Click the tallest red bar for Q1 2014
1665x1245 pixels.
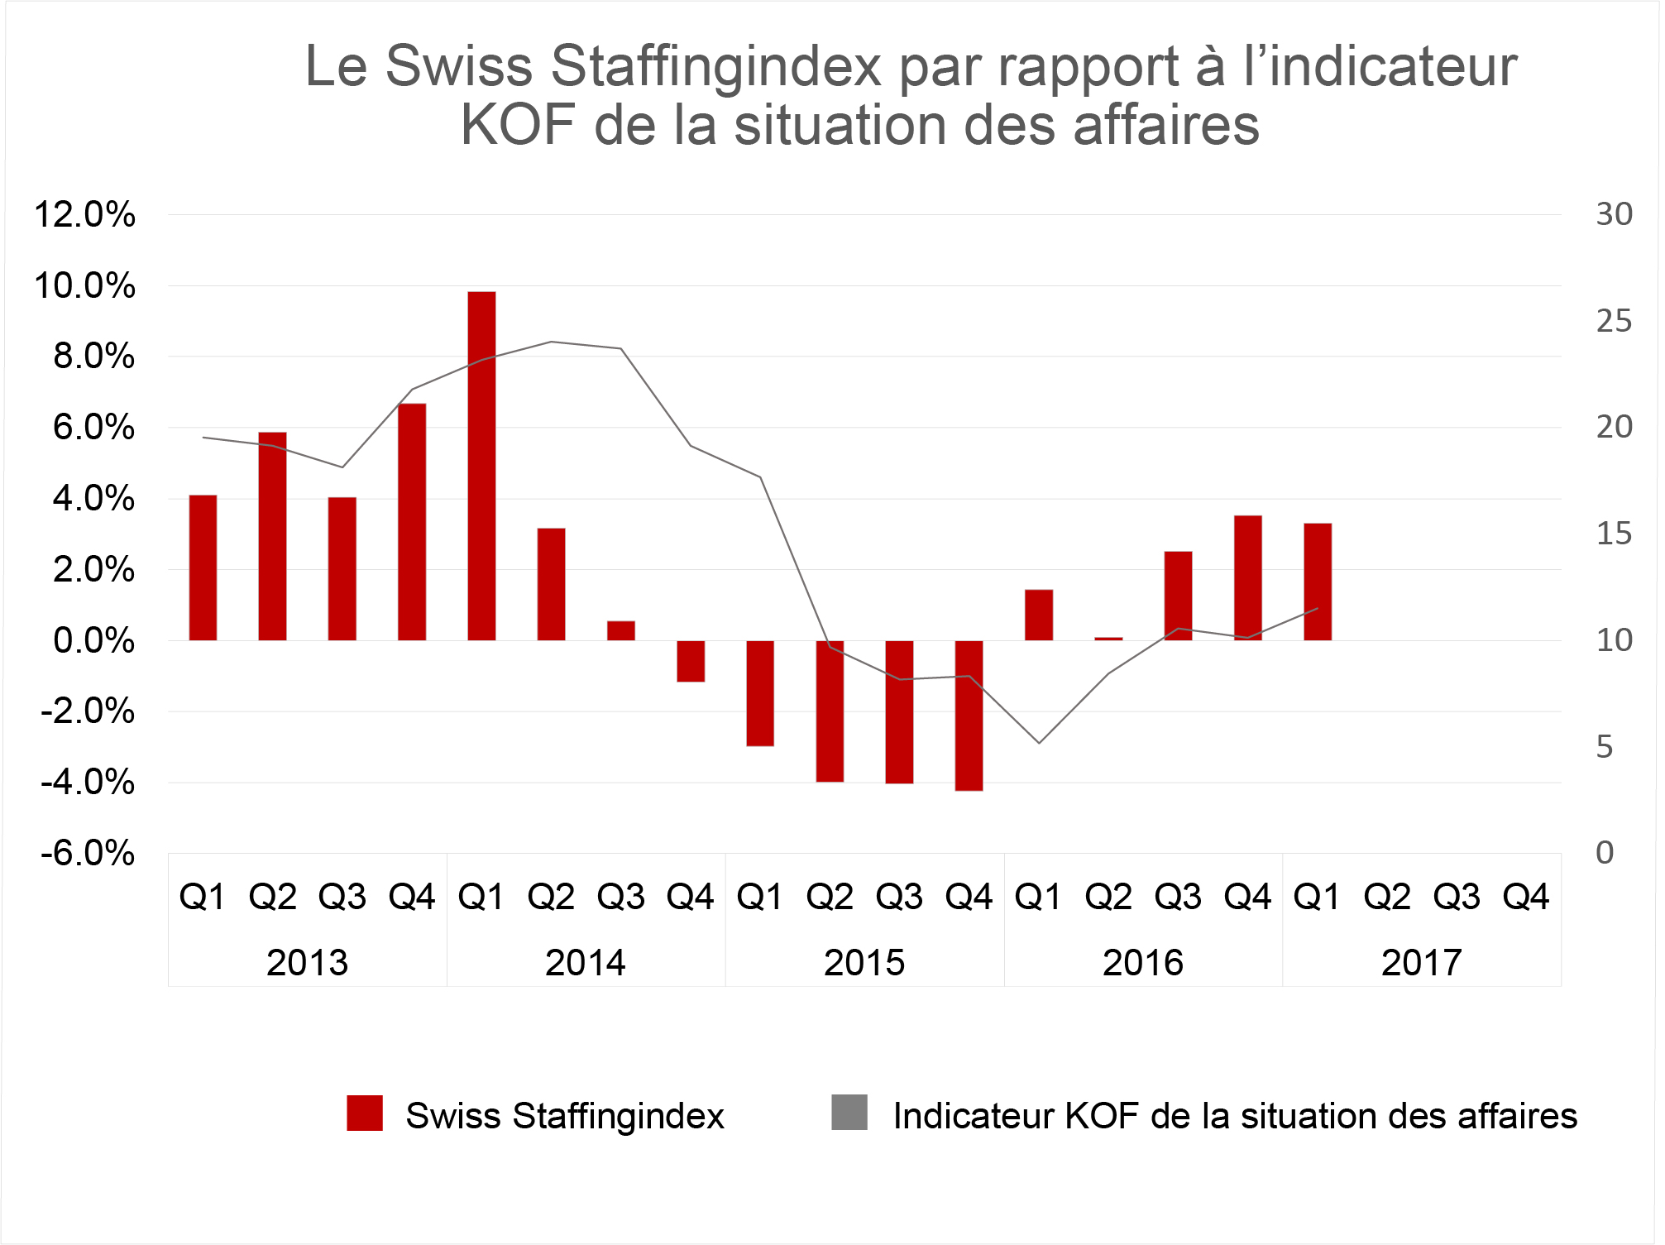click(481, 466)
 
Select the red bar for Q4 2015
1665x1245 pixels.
click(969, 716)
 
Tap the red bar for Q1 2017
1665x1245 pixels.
click(1318, 582)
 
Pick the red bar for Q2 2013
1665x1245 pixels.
click(272, 536)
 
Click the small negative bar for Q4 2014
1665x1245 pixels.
click(691, 661)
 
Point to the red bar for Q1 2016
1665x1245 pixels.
click(1039, 615)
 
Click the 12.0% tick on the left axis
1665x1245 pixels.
click(84, 215)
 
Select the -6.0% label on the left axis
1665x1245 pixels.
click(88, 853)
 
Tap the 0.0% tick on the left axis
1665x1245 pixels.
click(93, 640)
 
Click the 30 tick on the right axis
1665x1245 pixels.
click(1614, 214)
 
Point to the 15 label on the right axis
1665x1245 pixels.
click(1614, 534)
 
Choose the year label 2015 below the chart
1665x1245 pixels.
click(864, 963)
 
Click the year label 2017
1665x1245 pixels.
click(1422, 963)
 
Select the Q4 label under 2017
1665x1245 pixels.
click(1526, 897)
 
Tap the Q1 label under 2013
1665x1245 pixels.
click(203, 897)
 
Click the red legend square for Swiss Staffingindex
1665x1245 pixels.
click(365, 1113)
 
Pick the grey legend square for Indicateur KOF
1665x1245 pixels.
click(849, 1113)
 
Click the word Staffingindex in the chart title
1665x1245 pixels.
click(716, 65)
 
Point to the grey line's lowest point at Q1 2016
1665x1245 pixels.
click(1039, 743)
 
